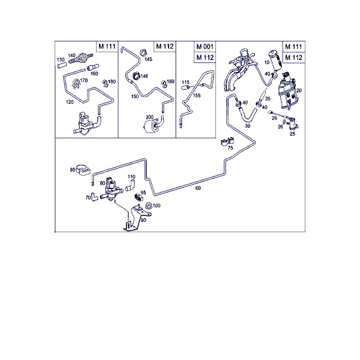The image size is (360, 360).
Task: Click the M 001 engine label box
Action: click(x=205, y=47)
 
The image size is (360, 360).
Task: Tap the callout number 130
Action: click(x=61, y=59)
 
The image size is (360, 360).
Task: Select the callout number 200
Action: click(x=149, y=117)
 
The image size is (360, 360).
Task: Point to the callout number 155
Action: click(x=197, y=95)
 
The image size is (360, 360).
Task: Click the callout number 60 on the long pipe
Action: click(x=198, y=188)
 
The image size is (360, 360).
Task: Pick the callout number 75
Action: click(x=230, y=148)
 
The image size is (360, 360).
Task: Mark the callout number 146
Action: click(x=144, y=76)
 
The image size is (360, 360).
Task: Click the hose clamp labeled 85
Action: click(x=83, y=170)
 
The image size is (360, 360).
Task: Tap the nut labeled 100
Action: click(x=149, y=205)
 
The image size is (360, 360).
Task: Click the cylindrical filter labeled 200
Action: click(x=151, y=127)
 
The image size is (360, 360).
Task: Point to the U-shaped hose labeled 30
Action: click(x=247, y=116)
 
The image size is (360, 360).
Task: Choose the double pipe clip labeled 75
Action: click(x=227, y=142)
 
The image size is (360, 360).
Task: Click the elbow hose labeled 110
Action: click(x=130, y=186)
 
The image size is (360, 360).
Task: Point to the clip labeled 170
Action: click(x=76, y=83)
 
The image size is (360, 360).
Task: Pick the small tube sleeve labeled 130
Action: click(x=62, y=65)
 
